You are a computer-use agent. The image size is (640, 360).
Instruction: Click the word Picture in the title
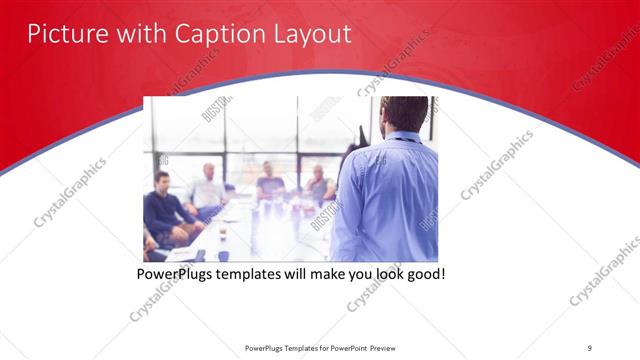point(63,34)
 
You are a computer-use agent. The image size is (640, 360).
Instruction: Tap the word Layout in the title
point(310,34)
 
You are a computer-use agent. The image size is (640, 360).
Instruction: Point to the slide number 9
point(590,347)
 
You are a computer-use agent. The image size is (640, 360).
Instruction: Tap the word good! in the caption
point(423,273)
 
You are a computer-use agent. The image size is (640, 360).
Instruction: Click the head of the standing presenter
point(404,113)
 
